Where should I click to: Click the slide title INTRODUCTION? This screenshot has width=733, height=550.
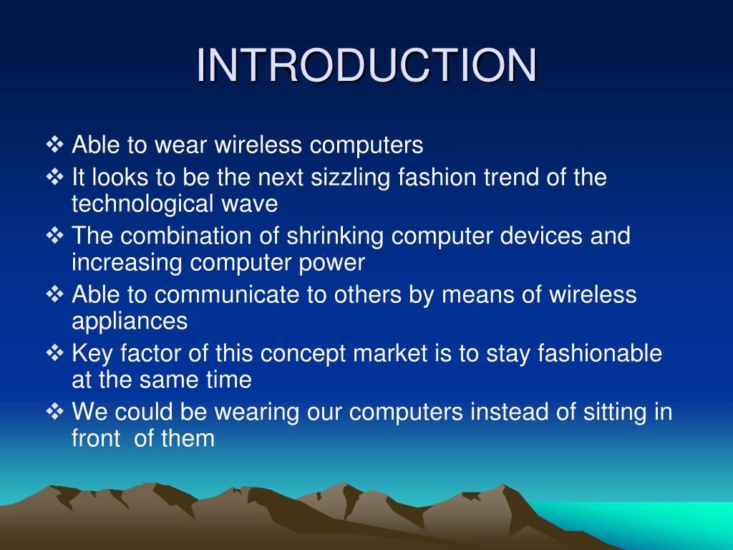[366, 65]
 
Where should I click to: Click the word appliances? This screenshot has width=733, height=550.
[130, 322]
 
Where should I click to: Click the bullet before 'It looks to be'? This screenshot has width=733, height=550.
[54, 176]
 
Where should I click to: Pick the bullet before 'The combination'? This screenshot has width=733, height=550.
[54, 235]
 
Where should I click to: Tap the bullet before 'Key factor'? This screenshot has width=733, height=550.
[54, 352]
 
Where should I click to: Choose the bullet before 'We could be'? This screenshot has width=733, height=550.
[54, 411]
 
